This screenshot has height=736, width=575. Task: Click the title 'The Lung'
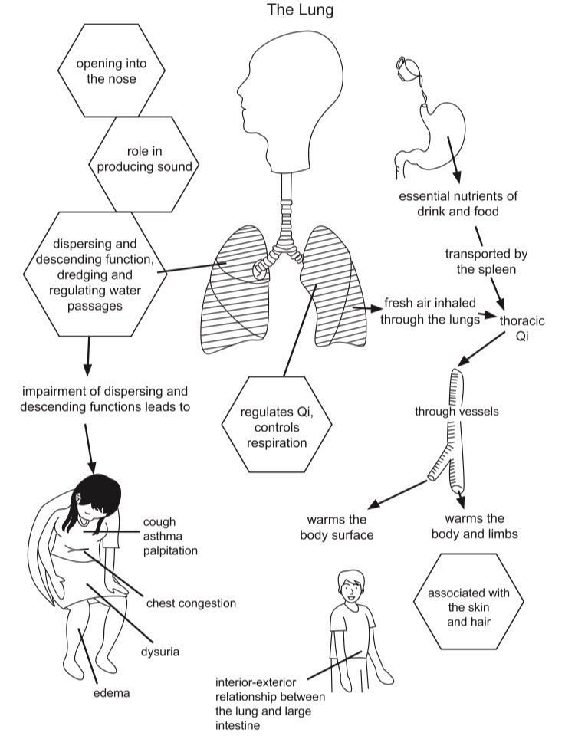300,9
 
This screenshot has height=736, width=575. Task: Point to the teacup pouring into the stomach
406,67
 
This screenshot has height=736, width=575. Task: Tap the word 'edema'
111,693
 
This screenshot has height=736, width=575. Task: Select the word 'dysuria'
160,652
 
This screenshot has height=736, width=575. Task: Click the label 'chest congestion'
191,603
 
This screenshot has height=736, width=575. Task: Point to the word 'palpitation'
170,550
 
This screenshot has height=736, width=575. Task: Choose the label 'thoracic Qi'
522,328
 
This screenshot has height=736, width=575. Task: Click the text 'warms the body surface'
337,527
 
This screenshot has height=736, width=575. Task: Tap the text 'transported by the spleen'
486,261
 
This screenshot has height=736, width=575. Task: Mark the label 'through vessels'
457,412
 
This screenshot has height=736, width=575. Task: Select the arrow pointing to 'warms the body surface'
398,495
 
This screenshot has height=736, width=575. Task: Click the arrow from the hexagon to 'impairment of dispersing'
87,356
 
